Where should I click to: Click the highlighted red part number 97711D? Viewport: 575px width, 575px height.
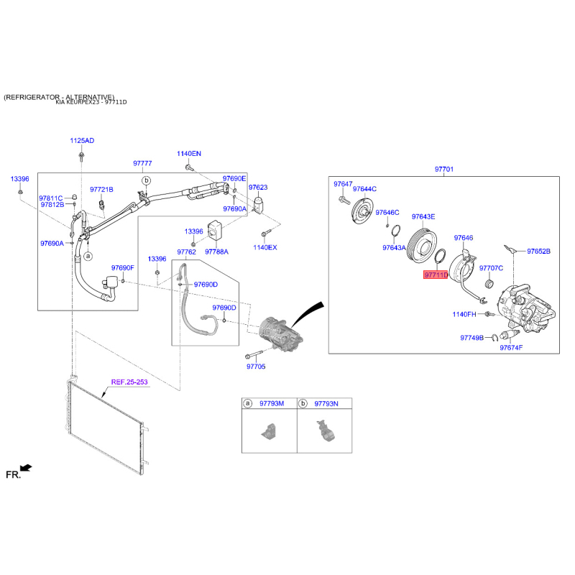(x=436, y=275)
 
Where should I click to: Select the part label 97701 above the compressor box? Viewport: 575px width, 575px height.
(x=444, y=169)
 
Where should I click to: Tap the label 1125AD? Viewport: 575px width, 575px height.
(x=82, y=140)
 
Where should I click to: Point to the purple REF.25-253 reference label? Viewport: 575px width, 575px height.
(x=129, y=382)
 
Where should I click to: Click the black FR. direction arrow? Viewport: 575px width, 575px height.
(x=26, y=468)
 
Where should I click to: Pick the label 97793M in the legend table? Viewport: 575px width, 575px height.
(x=272, y=403)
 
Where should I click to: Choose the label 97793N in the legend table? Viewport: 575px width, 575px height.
(x=326, y=403)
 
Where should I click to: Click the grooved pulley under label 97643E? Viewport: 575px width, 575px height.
(x=422, y=245)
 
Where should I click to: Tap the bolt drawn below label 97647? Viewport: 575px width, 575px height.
(x=344, y=200)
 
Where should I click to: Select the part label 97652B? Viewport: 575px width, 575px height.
(x=538, y=251)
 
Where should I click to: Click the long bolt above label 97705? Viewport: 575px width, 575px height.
(x=254, y=354)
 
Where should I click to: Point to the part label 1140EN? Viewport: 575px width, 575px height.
(x=189, y=153)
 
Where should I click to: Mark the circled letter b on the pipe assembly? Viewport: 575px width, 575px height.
(x=147, y=180)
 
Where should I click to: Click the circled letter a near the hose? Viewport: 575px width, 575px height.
(x=88, y=256)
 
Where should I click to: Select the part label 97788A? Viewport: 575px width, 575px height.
(x=217, y=252)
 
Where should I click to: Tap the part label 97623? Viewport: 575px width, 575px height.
(x=258, y=187)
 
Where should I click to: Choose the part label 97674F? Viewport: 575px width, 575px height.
(x=511, y=347)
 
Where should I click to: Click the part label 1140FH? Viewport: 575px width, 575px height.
(x=464, y=314)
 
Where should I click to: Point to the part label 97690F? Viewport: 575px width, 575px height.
(x=122, y=267)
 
